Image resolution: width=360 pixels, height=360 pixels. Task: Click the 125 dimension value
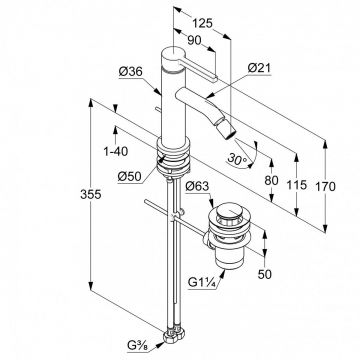[x=202, y=23]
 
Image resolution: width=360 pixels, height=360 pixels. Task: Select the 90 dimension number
[x=194, y=41]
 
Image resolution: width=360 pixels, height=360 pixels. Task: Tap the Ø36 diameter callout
[x=131, y=72]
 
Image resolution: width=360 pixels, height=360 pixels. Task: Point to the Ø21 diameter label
[x=260, y=68]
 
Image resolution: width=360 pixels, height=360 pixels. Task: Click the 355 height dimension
[x=91, y=194]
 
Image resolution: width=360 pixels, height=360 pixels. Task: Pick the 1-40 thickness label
[x=116, y=152]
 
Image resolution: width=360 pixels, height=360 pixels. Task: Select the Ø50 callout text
[x=130, y=177]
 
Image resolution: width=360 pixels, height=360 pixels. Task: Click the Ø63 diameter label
[x=197, y=187]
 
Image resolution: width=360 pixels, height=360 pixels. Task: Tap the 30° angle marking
[x=238, y=159]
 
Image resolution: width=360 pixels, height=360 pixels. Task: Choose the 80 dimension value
[x=271, y=180]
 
